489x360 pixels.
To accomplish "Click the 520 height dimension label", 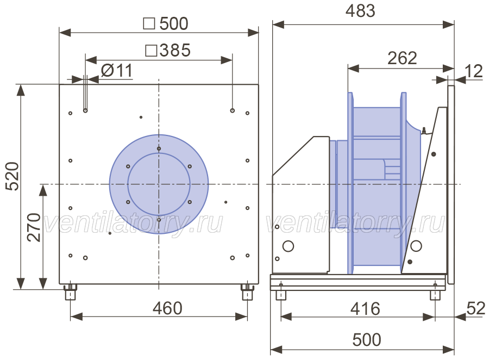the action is pos(13,176).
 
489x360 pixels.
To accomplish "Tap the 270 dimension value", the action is pos(34,227).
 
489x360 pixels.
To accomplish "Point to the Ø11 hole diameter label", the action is pos(117,71).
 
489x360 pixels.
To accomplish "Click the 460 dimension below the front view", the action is pos(167,308).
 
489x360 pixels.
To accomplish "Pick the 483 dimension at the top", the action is pos(360,11).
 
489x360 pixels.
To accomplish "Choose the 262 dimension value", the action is pos(402,58).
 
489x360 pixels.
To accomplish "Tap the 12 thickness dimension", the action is pos(474,71).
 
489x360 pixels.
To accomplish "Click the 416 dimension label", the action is pos(365,309).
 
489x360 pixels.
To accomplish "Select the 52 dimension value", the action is pos(476,308).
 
